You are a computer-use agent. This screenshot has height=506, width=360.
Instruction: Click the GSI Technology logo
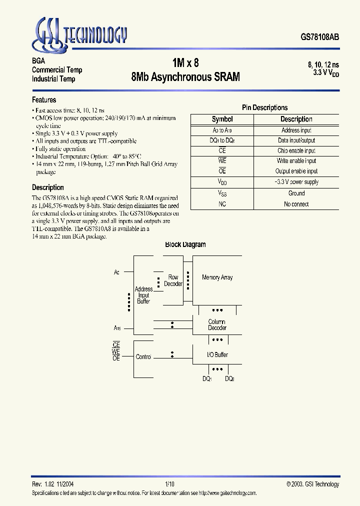point(79,34)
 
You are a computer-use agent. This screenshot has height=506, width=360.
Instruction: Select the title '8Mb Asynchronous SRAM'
point(185,77)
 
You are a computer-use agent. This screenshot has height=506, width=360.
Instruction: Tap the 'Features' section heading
point(44,100)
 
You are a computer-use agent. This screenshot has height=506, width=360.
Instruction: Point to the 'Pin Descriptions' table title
point(264,107)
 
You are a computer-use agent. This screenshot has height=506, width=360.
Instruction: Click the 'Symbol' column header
point(222,119)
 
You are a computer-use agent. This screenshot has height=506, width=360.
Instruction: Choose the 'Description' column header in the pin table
point(296,119)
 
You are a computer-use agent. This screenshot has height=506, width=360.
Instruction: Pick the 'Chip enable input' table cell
point(296,150)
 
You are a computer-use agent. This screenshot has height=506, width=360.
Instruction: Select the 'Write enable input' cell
point(296,161)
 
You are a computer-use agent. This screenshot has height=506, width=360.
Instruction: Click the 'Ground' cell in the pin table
point(296,193)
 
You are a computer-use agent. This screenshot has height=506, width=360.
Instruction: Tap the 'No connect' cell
point(296,204)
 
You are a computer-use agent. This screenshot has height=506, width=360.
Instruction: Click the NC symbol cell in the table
point(222,204)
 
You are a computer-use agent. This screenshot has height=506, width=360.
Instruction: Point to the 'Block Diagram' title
point(185,244)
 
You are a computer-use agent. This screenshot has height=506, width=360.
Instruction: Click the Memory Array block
point(217,277)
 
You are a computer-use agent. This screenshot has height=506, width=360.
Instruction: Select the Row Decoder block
point(173,280)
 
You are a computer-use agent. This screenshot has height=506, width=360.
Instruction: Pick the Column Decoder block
point(217,325)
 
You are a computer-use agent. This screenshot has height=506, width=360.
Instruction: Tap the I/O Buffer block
point(217,354)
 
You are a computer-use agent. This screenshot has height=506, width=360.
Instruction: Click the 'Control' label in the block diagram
point(143,357)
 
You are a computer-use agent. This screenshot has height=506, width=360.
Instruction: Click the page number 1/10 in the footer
point(169,484)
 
